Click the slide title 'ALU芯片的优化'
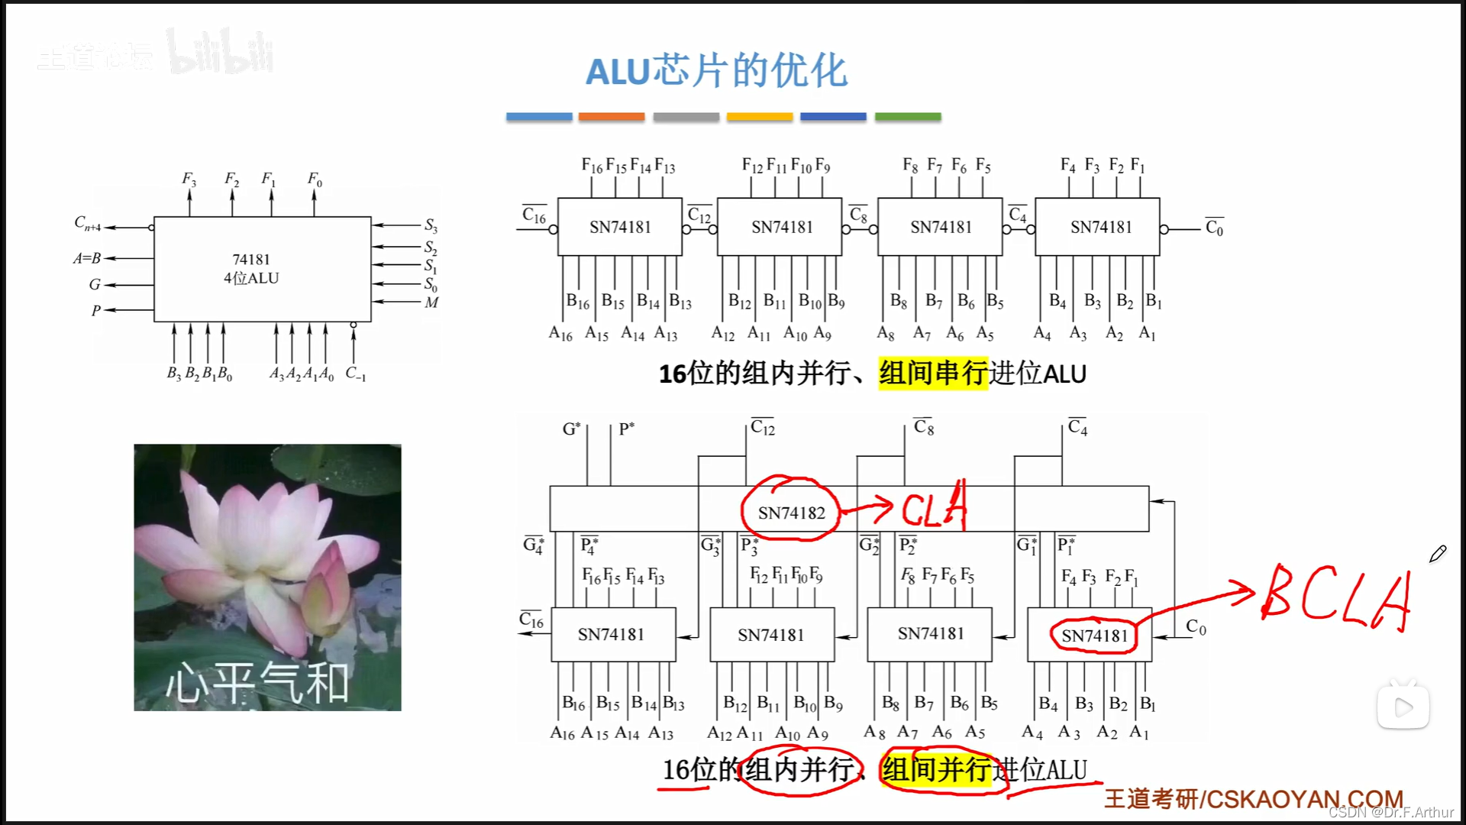(x=716, y=71)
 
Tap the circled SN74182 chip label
(x=791, y=513)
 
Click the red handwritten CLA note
(x=935, y=507)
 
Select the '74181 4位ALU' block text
(x=251, y=269)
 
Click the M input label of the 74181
(x=431, y=302)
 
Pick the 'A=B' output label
(x=87, y=258)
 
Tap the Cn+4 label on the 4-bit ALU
(x=87, y=224)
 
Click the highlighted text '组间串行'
(x=933, y=374)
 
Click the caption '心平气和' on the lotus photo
(x=257, y=682)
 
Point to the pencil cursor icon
(x=1438, y=554)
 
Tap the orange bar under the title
(x=611, y=117)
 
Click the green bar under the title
(x=907, y=117)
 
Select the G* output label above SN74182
(x=571, y=429)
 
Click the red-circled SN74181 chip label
(x=1094, y=636)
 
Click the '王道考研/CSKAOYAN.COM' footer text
(x=1253, y=799)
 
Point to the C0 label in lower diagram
(x=1196, y=628)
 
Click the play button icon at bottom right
(x=1403, y=707)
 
